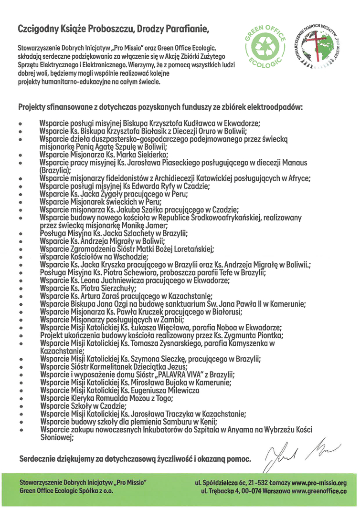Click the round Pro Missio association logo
(x=321, y=46)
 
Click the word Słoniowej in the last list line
(x=55, y=437)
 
